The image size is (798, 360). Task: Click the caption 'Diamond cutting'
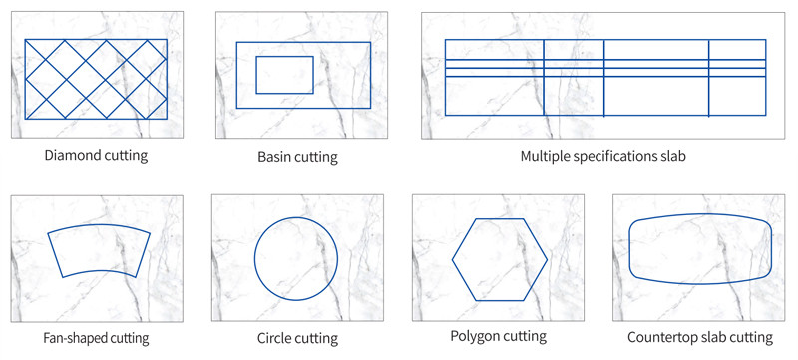[x=96, y=155]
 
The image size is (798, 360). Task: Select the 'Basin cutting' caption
[x=297, y=157]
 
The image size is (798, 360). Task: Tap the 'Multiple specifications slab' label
[x=602, y=157]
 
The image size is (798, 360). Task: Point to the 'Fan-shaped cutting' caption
[x=96, y=338]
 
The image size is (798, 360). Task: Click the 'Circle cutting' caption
[x=297, y=339]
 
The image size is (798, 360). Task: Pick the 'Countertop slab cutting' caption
[x=700, y=338]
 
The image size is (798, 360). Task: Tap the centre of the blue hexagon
[x=499, y=259]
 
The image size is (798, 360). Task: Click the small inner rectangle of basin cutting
[x=284, y=75]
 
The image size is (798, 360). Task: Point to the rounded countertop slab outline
[x=700, y=250]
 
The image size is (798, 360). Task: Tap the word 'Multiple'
[x=545, y=157]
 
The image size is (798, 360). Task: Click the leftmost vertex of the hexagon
[x=453, y=259]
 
